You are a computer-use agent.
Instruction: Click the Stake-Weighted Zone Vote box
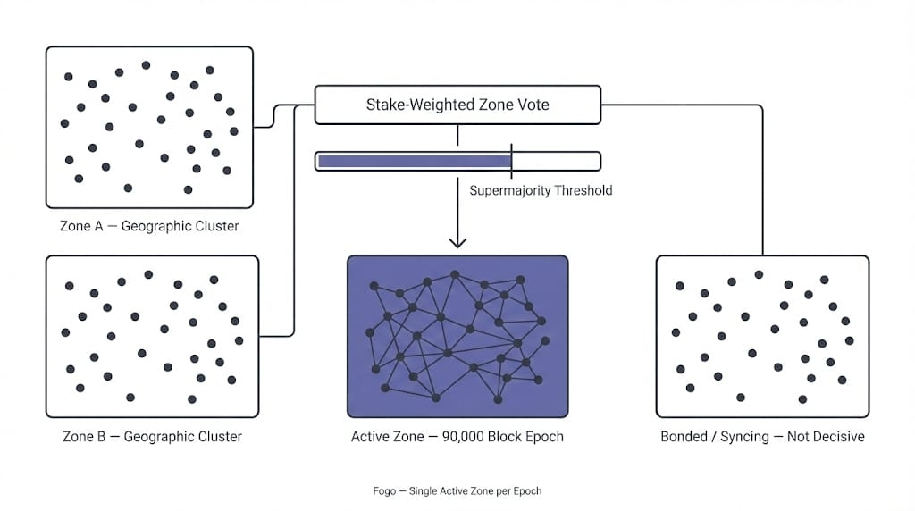pos(457,105)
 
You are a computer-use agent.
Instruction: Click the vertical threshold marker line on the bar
pos(511,160)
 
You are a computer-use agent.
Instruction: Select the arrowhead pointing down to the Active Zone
pos(457,240)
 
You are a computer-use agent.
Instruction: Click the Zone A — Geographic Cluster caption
pos(149,226)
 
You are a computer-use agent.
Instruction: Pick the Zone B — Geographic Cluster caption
pos(152,437)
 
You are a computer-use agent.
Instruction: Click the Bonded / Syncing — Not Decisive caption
pos(762,437)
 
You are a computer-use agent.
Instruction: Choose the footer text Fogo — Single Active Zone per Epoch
pos(457,490)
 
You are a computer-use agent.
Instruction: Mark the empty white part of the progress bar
pos(555,161)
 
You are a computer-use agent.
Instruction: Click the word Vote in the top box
pos(533,105)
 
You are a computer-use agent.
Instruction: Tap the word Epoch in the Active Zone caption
pos(544,437)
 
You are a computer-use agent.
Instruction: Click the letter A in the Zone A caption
pos(98,226)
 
